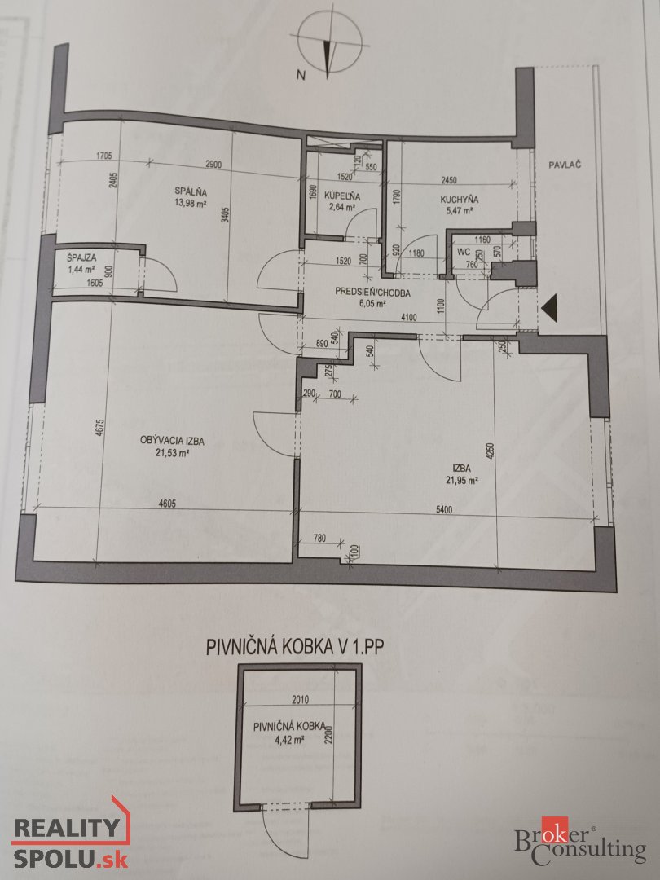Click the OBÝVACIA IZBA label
point(173,440)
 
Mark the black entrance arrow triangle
point(549,308)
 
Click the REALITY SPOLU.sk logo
point(68,840)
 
